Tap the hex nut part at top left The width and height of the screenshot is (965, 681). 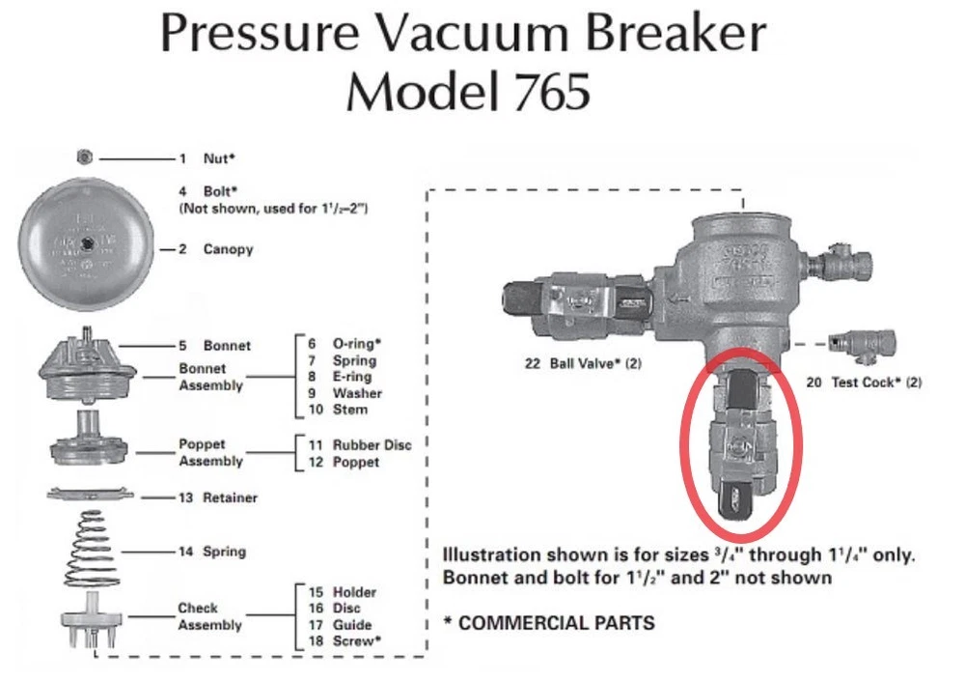click(x=84, y=156)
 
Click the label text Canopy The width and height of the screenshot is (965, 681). click(x=228, y=249)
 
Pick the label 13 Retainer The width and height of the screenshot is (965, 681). click(x=218, y=497)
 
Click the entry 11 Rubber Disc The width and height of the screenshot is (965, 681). click(x=359, y=445)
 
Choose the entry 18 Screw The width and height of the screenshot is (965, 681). click(x=345, y=640)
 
